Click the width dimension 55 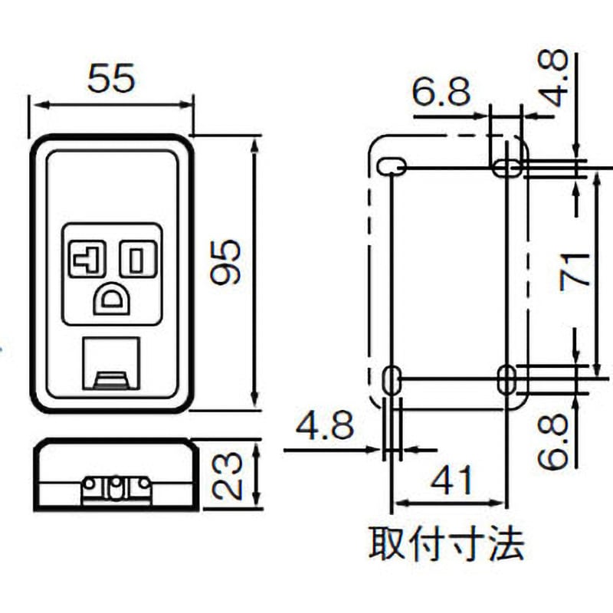click(x=111, y=78)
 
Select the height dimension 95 click(x=227, y=263)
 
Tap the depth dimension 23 click(x=227, y=475)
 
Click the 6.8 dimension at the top click(x=441, y=93)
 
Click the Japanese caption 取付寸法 click(x=447, y=546)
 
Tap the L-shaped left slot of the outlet click(x=87, y=259)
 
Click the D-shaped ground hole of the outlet click(x=112, y=299)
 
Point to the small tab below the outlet click(x=112, y=378)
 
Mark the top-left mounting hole click(x=392, y=166)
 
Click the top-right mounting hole click(x=506, y=167)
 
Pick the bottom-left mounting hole click(x=392, y=379)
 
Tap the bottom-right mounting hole click(x=506, y=379)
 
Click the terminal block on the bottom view click(x=116, y=488)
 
